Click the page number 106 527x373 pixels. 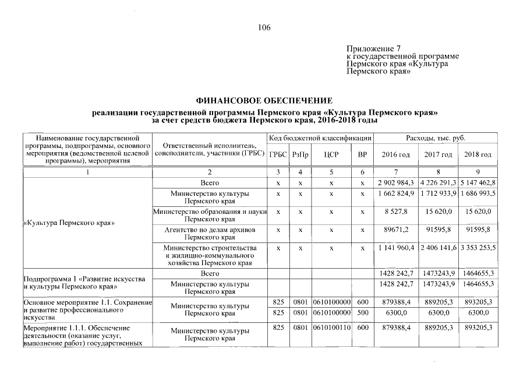tap(264, 27)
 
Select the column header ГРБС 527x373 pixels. tap(278, 154)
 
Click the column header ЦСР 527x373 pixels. tap(331, 154)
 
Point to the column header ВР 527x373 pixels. tap(362, 154)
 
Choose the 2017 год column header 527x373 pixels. tap(438, 154)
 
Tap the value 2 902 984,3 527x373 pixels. tap(395, 183)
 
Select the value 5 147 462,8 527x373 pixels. tap(478, 183)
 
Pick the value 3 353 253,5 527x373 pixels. tap(478, 248)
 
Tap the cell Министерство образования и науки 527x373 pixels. tap(210, 211)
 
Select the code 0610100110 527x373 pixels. tap(331, 328)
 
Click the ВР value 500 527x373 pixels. tap(362, 312)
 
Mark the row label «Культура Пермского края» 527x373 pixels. tap(69, 223)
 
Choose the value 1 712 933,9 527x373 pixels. tap(438, 193)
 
